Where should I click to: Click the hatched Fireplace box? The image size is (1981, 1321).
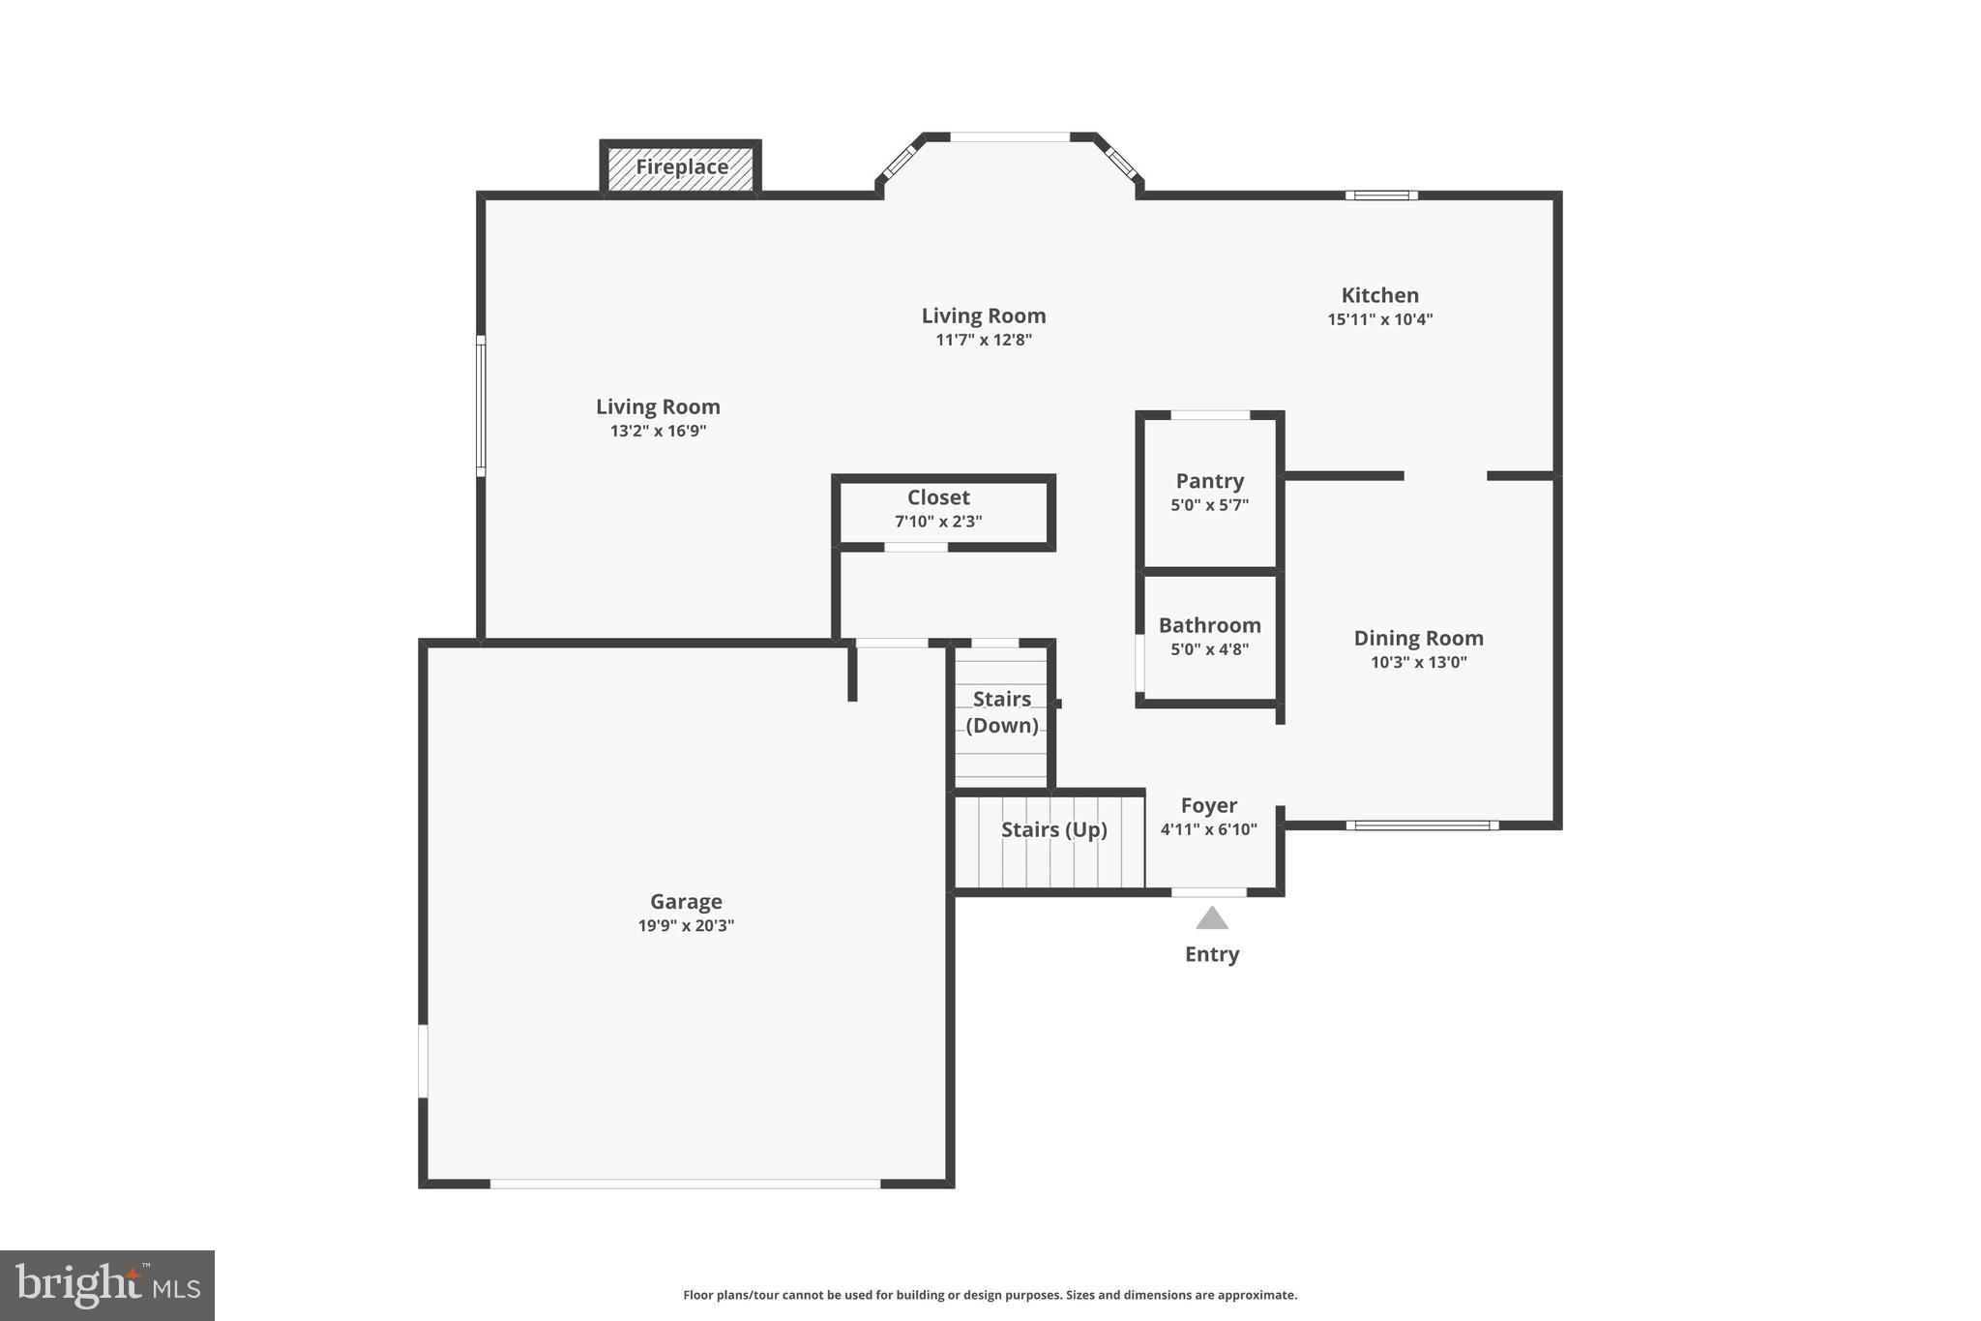(681, 168)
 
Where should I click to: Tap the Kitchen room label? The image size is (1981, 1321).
(1379, 295)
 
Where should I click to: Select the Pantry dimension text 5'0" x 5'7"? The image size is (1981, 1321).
(1209, 505)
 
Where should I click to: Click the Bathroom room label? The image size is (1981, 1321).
(1209, 625)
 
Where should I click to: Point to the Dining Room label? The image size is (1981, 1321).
(1418, 638)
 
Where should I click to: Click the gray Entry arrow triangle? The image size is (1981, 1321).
(1211, 918)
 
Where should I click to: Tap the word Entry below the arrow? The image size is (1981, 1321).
(1211, 954)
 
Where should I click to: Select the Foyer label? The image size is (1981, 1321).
(1208, 805)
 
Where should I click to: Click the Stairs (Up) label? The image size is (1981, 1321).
(1053, 829)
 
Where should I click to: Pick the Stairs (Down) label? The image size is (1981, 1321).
(1001, 711)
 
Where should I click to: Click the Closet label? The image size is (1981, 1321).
(937, 497)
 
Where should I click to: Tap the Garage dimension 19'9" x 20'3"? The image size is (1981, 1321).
(686, 926)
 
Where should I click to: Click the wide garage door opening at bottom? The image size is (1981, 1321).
(685, 1184)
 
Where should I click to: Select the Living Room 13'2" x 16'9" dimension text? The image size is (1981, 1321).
(658, 432)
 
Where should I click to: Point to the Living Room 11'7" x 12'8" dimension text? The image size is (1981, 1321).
(983, 341)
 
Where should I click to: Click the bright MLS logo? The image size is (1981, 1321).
(107, 1285)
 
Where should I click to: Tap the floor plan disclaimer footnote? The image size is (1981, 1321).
(990, 1295)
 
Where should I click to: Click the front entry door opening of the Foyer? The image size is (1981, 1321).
(1208, 892)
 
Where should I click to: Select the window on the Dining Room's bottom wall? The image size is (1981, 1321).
(1422, 826)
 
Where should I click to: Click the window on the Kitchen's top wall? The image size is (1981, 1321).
(1381, 195)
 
